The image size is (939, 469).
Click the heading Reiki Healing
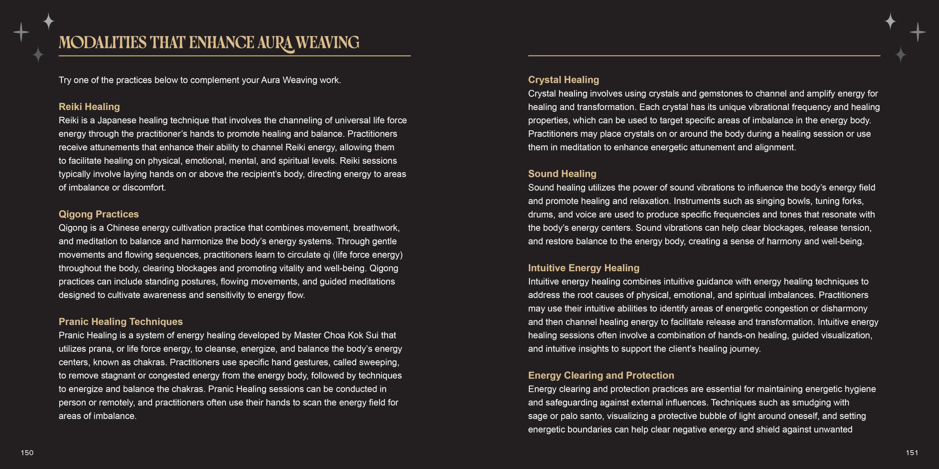(x=89, y=107)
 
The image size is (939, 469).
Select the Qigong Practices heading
(x=99, y=214)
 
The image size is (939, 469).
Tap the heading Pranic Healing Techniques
(x=121, y=321)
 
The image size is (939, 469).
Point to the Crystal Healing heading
(x=563, y=80)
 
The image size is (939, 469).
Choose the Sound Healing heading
(x=562, y=174)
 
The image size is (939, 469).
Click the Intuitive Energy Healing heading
(x=584, y=268)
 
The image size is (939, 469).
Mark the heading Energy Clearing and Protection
(x=601, y=376)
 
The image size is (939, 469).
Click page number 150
(x=27, y=453)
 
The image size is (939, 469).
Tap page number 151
(x=912, y=453)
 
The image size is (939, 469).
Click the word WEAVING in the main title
(x=327, y=43)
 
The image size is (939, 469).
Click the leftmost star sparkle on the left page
(x=21, y=32)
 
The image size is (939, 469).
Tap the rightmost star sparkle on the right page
(x=917, y=32)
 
